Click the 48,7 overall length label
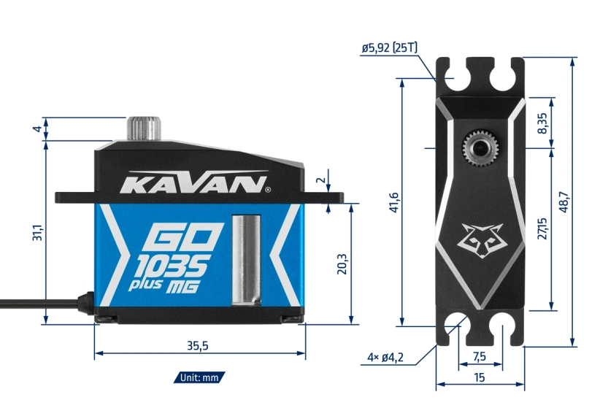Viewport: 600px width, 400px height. [564, 201]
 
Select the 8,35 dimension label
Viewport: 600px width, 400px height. [541, 125]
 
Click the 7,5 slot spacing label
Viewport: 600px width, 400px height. [479, 357]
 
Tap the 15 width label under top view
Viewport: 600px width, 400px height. [479, 377]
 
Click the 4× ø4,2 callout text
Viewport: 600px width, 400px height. [386, 358]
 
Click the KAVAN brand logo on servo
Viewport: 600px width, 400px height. [194, 184]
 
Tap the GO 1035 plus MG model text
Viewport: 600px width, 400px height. [177, 258]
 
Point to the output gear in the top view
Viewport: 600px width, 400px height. [479, 148]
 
